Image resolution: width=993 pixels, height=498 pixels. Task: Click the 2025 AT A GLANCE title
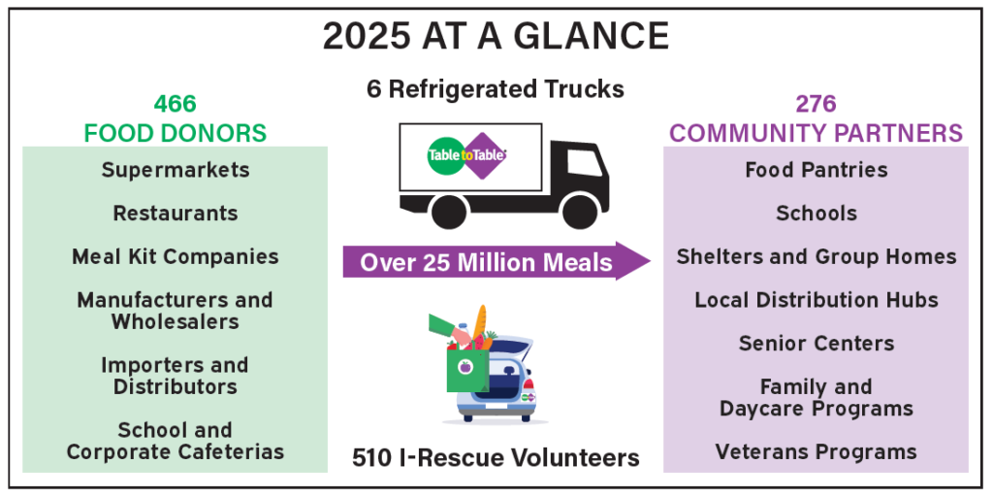point(496,37)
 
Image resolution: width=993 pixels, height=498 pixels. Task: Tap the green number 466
point(176,104)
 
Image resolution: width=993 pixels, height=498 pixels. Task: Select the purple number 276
point(817,104)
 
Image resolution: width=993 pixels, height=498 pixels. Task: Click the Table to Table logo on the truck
point(467,155)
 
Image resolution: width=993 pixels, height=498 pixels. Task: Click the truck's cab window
point(583,162)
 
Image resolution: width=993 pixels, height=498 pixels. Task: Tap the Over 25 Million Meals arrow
point(496,261)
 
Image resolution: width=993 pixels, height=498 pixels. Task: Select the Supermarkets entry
point(176,171)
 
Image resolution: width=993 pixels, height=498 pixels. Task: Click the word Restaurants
point(176,214)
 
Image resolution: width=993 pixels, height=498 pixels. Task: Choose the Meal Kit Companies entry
point(176,256)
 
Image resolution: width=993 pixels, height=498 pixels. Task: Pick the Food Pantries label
point(817,170)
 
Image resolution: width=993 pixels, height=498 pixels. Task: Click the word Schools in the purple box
point(817,214)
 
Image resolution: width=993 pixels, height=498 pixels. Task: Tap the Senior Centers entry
point(817,344)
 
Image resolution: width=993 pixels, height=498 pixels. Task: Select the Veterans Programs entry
point(817,452)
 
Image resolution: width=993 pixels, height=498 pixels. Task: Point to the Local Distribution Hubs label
point(817,300)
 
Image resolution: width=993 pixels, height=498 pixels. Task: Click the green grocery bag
point(467,370)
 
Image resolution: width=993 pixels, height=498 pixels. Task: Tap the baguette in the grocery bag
point(480,323)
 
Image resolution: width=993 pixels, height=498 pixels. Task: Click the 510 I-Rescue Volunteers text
point(496,457)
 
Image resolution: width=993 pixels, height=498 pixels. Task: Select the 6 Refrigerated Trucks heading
point(496,89)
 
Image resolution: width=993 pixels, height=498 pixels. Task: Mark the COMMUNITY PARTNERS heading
point(817,134)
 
